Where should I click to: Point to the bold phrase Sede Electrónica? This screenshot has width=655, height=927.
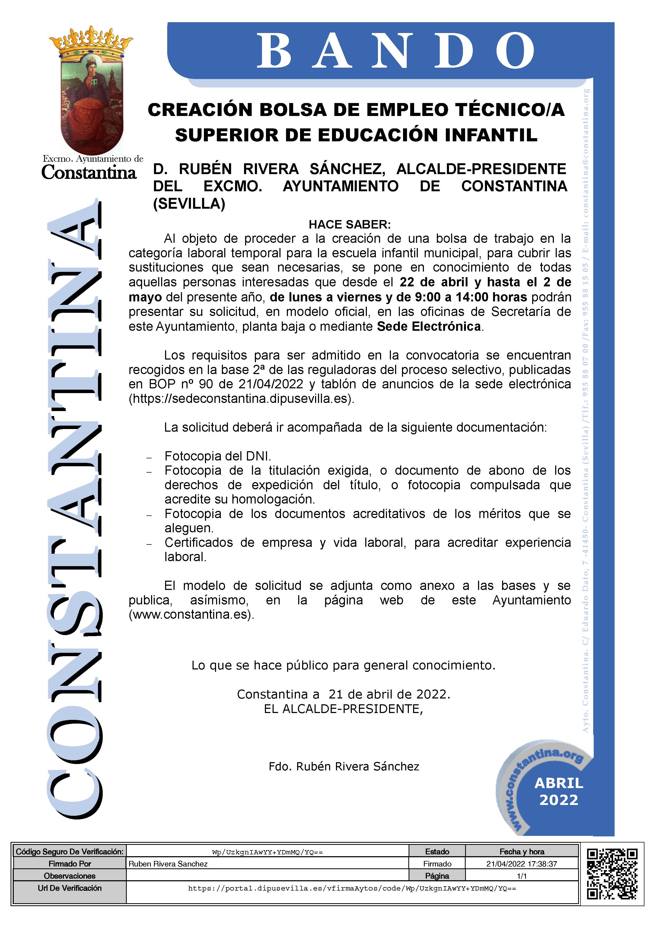(x=429, y=326)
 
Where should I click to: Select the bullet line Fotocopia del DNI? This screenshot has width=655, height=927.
(x=218, y=456)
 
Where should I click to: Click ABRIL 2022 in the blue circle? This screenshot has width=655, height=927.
(x=559, y=791)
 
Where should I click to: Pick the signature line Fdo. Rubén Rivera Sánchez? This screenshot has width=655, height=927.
(x=344, y=766)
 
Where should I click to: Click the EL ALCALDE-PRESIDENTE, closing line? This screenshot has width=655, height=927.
(x=343, y=709)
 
